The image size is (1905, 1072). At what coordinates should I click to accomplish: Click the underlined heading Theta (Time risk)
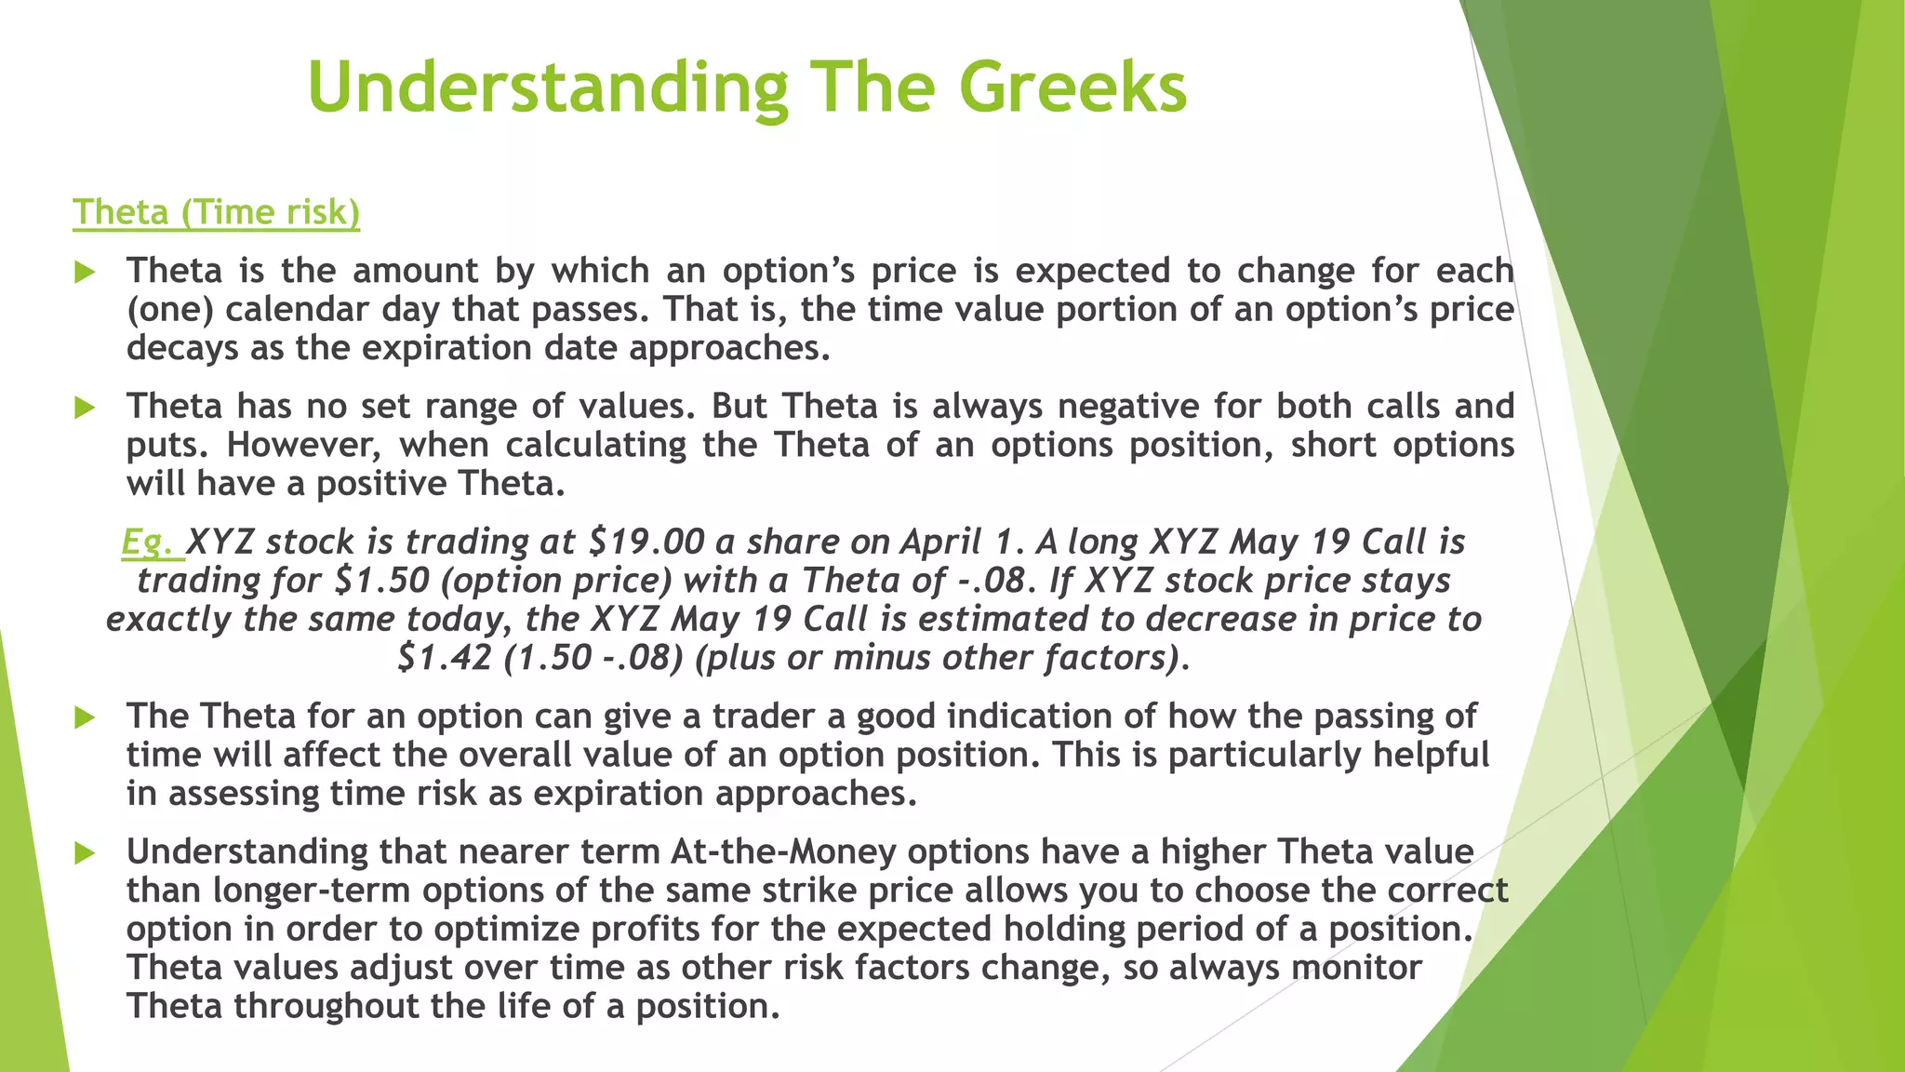216,212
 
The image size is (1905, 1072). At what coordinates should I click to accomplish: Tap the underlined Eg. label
151,542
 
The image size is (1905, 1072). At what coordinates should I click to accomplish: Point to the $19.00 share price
647,542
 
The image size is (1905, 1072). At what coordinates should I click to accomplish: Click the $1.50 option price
381,581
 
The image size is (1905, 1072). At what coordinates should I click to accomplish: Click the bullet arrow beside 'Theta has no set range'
85,407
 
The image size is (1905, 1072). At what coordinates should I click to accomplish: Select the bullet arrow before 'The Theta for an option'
85,717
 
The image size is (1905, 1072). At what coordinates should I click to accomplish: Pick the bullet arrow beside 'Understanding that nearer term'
85,852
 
